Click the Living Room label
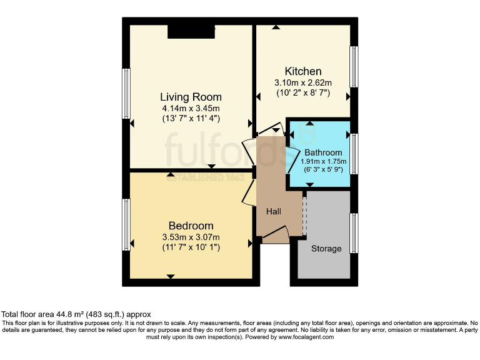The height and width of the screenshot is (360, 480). point(191,97)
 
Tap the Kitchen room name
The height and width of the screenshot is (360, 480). point(303,71)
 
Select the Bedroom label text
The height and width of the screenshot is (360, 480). point(191,226)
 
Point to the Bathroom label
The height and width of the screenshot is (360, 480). point(323,152)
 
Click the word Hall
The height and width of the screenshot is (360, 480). point(274,212)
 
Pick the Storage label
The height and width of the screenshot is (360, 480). point(326,249)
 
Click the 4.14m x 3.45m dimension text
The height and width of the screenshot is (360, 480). point(191,108)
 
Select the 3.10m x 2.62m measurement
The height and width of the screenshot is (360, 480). point(303,82)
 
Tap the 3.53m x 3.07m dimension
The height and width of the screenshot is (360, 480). point(191,237)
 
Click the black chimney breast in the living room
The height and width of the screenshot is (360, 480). point(191,31)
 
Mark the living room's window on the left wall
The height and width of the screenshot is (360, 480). point(126,93)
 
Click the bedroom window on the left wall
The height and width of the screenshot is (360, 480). point(126,224)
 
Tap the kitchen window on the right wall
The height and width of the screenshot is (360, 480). point(354,66)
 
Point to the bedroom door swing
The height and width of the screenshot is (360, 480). point(248,192)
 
